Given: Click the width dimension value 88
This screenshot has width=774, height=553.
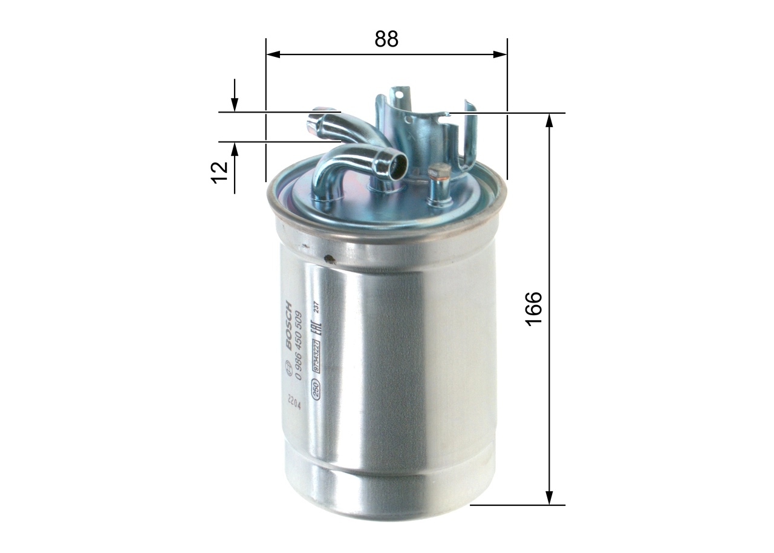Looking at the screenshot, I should tap(386, 39).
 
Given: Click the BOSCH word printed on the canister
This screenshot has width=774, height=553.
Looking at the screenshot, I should tap(288, 325).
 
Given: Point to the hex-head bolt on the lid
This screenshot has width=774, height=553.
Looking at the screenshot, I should tap(439, 171).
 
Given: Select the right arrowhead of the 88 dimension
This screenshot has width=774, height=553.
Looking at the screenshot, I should tap(501, 54).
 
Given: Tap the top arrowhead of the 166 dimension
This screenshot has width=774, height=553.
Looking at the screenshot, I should tap(549, 119).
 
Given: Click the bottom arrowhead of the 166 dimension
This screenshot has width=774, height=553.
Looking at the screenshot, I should tap(549, 498).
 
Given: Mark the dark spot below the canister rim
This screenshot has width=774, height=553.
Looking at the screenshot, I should tap(330, 260).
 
